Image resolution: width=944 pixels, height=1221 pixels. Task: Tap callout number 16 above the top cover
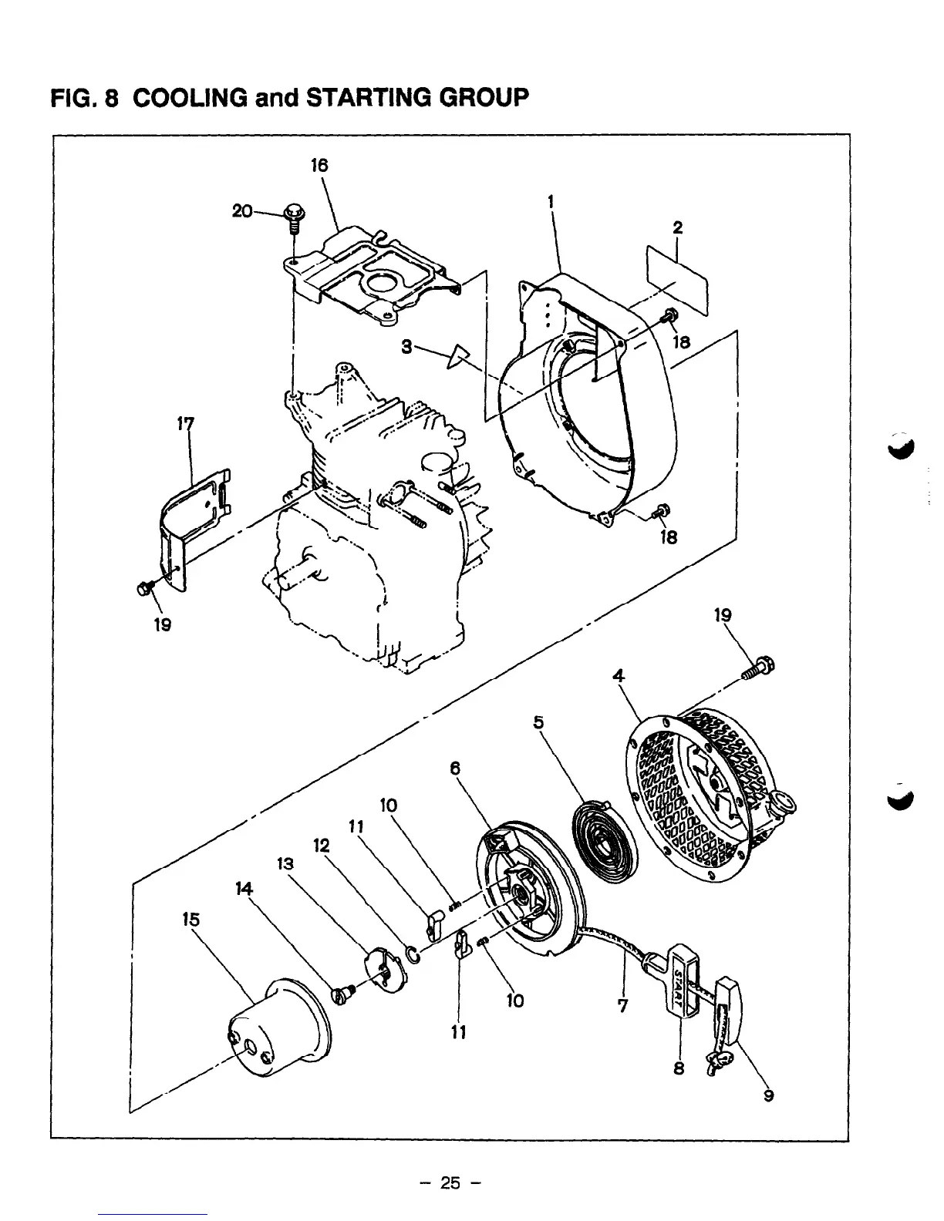[319, 165]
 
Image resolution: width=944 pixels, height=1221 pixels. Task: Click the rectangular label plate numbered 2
[677, 279]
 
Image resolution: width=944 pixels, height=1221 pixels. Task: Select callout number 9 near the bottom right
[768, 1096]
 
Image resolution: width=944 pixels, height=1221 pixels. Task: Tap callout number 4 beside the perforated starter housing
[617, 677]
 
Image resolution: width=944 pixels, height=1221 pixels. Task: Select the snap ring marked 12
[413, 956]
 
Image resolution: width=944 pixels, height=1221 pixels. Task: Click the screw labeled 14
[342, 995]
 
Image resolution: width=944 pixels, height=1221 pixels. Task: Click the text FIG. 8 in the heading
[83, 99]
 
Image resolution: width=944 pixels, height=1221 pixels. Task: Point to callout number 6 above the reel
[455, 768]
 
